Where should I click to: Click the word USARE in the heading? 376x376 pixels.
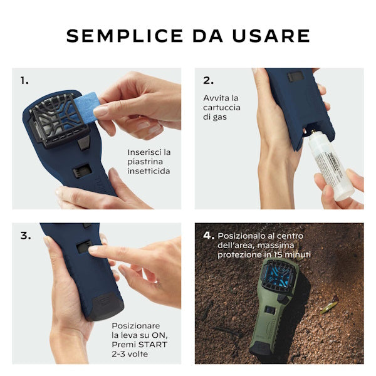(x=271, y=36)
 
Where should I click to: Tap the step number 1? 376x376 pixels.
(x=24, y=81)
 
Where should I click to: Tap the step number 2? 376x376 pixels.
(x=208, y=81)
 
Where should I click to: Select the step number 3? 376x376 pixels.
(x=26, y=236)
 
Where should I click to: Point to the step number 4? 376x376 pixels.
(x=209, y=236)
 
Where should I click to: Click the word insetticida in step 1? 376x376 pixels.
(x=149, y=171)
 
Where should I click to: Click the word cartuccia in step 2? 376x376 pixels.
(x=222, y=107)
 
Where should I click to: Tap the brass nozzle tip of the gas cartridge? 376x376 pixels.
(x=313, y=132)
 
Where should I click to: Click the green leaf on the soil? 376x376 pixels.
(x=329, y=307)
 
